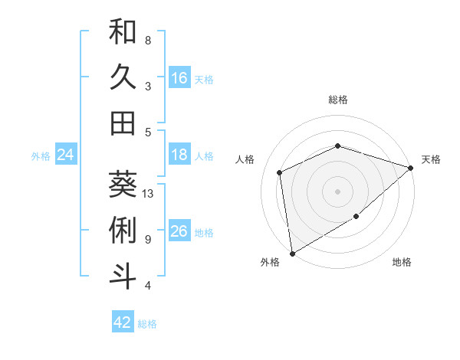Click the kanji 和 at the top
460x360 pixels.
point(123,31)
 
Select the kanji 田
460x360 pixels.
point(123,123)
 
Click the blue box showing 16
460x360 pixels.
point(179,77)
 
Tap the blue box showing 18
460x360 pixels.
point(179,155)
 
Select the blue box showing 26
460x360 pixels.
point(179,231)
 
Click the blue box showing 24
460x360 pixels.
point(65,155)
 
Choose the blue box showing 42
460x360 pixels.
point(123,322)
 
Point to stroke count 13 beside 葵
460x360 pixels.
point(149,194)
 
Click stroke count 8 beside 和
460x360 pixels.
point(148,40)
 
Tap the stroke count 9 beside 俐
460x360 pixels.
point(148,240)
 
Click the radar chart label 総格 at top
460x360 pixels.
point(338,100)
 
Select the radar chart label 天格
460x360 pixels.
point(431,159)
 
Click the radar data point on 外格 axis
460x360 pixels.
point(292,254)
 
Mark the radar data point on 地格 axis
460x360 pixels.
point(356,218)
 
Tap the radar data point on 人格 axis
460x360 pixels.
point(280,172)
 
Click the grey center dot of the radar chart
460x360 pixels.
point(338,191)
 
